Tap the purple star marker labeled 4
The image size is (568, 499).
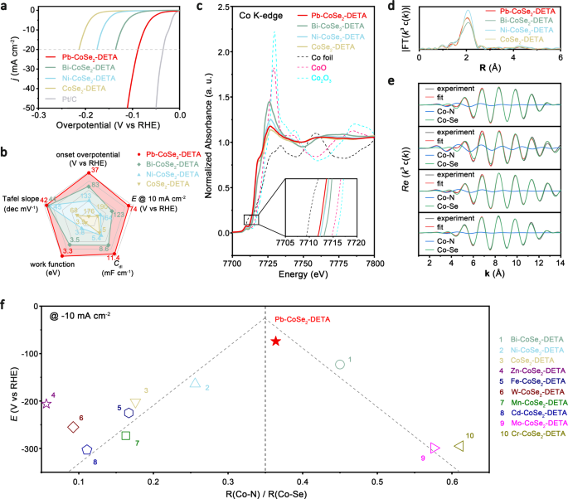pos(46,404)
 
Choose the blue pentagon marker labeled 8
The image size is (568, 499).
pos(87,450)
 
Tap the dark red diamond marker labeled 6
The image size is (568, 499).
pos(73,427)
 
